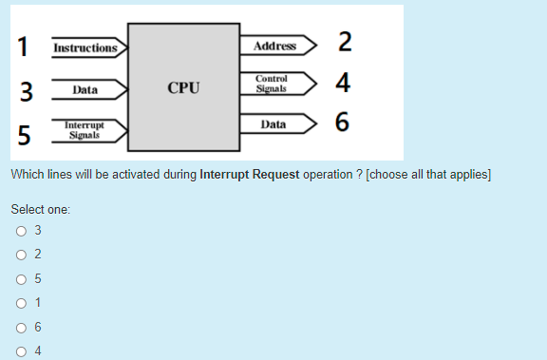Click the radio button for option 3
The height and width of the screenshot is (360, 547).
pos(20,230)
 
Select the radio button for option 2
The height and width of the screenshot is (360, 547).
pos(20,255)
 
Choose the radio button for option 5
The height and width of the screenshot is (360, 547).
pos(20,279)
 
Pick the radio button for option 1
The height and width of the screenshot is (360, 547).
pos(20,303)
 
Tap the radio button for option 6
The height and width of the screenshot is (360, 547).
pos(20,328)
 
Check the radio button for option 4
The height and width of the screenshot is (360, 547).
pos(20,351)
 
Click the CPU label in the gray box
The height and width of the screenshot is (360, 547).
pos(183,87)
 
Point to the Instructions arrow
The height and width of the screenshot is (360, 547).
pos(86,47)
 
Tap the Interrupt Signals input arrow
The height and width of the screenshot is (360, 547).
pos(86,130)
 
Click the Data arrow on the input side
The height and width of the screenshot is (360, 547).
pos(86,90)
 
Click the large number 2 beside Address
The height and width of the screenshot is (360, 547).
pos(345,42)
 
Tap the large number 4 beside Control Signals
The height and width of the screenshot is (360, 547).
pos(344,84)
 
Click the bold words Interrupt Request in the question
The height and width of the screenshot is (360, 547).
pos(250,176)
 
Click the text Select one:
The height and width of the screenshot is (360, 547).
pos(41,208)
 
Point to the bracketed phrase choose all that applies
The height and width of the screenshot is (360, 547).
pos(428,176)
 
